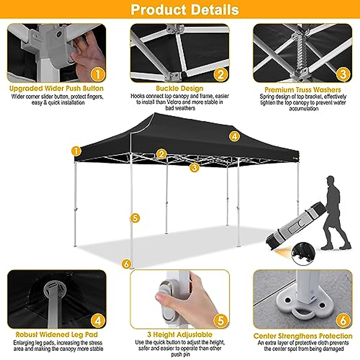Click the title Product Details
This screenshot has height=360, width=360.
(x=185, y=10)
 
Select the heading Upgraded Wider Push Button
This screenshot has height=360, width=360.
(x=56, y=88)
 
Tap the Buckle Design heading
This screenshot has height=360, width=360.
(x=179, y=88)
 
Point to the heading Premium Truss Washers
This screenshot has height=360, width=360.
(x=303, y=90)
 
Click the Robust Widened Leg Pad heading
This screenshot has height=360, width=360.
(x=57, y=334)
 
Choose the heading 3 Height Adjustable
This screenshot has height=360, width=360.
(x=180, y=334)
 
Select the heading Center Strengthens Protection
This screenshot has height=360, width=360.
(x=303, y=336)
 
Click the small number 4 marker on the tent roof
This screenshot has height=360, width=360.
(x=234, y=136)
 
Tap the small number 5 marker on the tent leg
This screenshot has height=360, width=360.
(x=135, y=218)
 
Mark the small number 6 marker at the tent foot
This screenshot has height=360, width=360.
(x=127, y=264)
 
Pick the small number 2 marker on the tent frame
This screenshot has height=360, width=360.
(x=161, y=154)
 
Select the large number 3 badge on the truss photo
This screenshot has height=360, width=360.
(x=343, y=74)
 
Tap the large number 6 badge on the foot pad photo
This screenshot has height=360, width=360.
(x=343, y=320)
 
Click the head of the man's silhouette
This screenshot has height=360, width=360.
(x=330, y=181)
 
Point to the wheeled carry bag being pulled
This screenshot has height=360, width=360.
(x=295, y=223)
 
